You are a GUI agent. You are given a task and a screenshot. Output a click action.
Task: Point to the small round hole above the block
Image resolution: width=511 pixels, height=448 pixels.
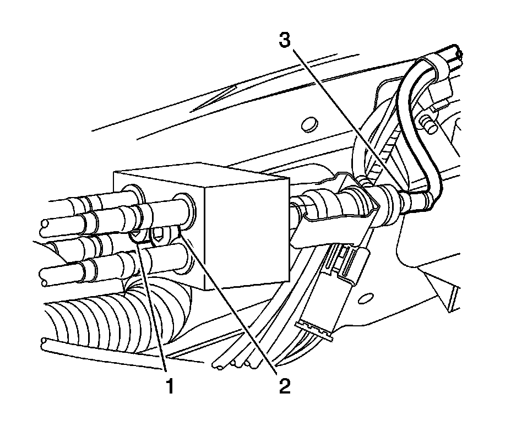point(311,122)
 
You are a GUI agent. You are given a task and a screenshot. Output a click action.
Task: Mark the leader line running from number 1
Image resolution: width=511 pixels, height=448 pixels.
point(154,308)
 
